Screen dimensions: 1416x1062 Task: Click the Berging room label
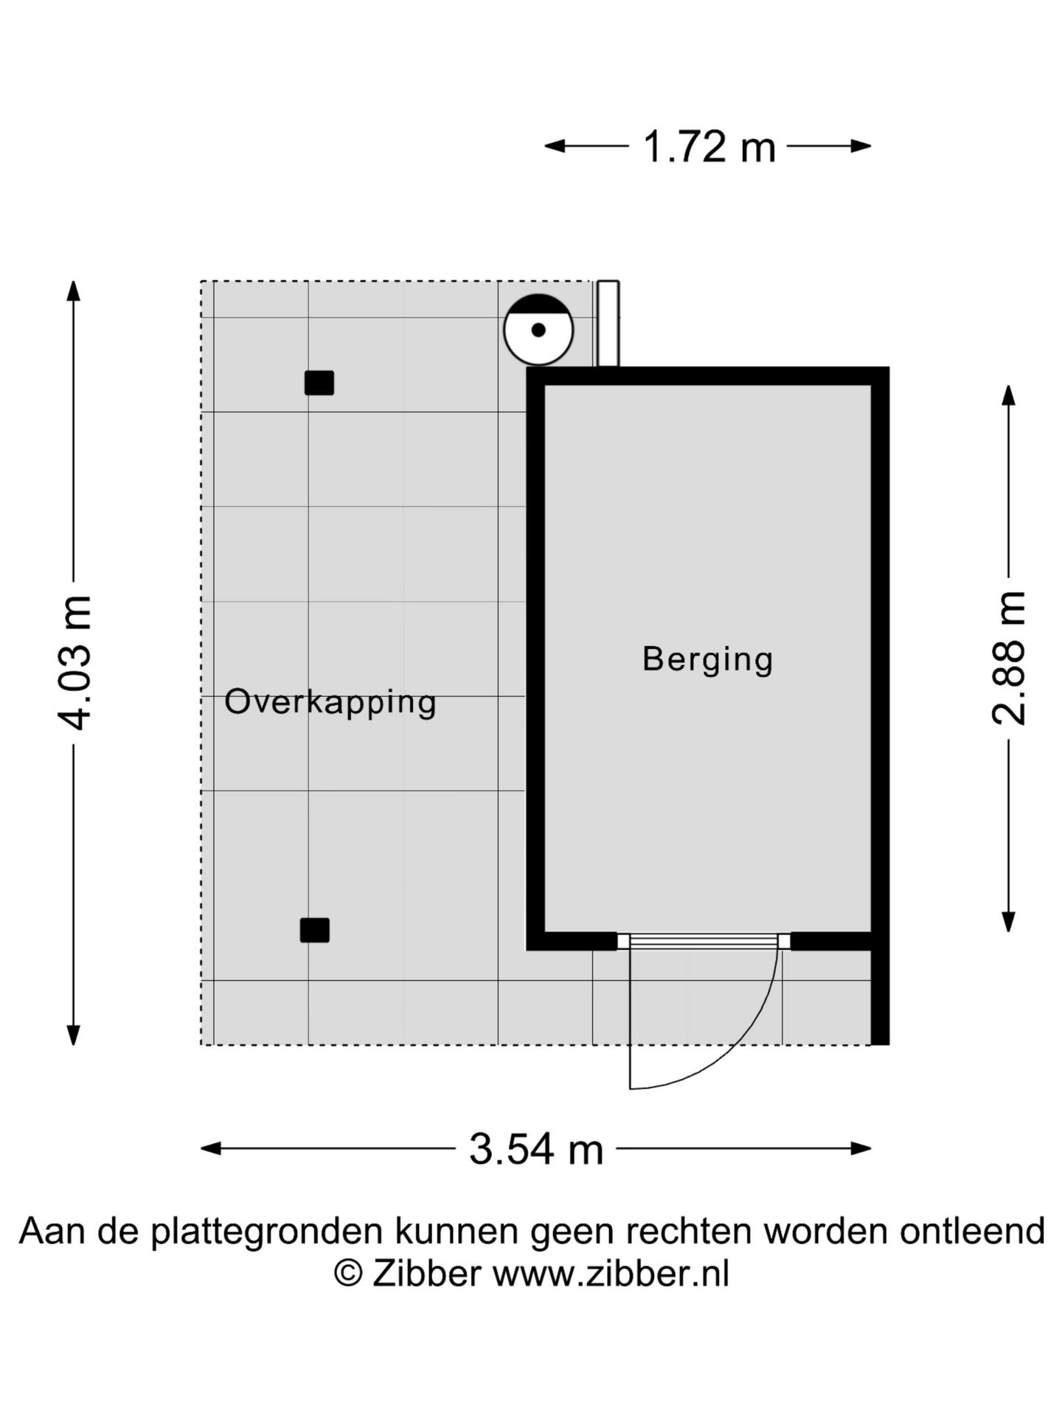click(707, 659)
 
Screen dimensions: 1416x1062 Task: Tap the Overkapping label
click(330, 702)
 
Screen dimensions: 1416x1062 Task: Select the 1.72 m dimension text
click(709, 146)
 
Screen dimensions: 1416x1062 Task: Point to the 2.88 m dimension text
click(1008, 658)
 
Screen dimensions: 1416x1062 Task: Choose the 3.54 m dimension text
click(536, 1148)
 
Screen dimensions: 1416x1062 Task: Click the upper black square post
click(319, 383)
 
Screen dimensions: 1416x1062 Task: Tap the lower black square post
click(315, 930)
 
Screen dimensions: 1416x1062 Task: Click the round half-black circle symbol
click(538, 330)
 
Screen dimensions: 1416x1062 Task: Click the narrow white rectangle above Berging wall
click(608, 323)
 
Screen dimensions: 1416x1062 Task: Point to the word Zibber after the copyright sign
click(426, 1273)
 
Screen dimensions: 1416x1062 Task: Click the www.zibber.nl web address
click(611, 1273)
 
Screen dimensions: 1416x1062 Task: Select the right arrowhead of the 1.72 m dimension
click(862, 146)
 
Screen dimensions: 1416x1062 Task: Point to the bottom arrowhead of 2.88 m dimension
click(1008, 922)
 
